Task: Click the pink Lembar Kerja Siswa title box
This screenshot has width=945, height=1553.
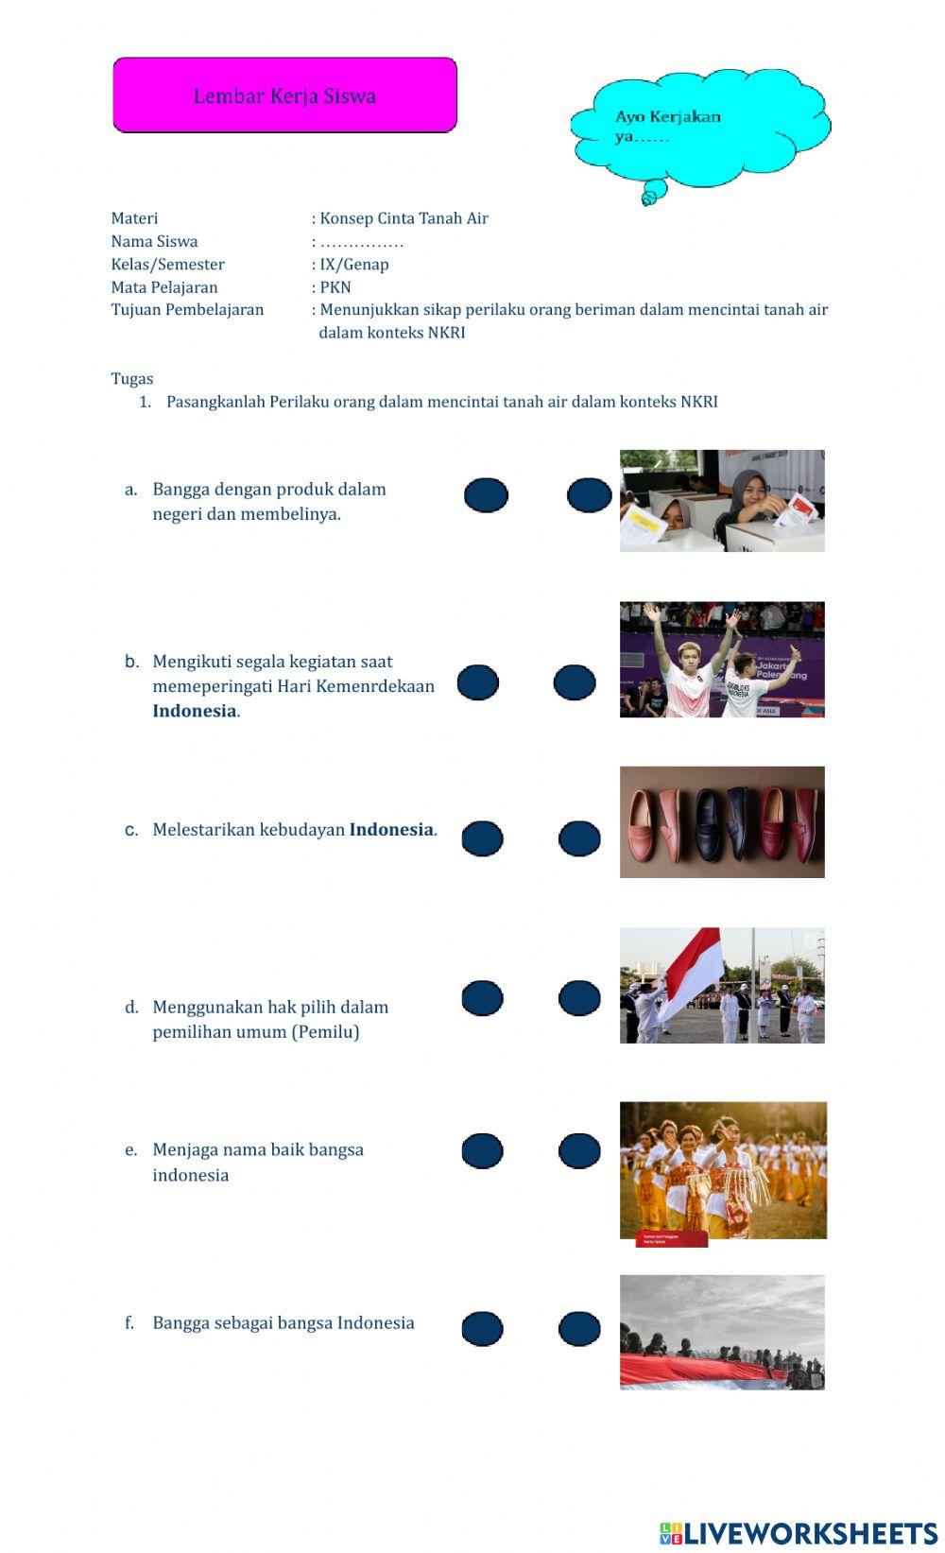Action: click(284, 95)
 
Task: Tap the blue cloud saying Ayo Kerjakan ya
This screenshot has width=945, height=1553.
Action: click(699, 128)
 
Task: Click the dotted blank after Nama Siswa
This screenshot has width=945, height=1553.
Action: click(362, 242)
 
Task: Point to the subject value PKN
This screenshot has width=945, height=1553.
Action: click(335, 287)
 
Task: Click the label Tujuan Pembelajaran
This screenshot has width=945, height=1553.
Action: click(187, 310)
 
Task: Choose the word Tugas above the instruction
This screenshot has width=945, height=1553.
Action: click(132, 379)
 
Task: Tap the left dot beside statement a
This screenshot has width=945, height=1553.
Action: click(486, 495)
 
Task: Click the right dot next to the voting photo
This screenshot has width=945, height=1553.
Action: click(589, 495)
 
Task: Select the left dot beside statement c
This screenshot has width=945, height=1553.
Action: click(482, 838)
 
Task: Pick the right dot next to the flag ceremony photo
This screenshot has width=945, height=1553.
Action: click(579, 998)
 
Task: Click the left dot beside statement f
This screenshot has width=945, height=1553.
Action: click(482, 1329)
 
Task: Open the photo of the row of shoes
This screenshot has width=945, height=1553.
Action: click(722, 822)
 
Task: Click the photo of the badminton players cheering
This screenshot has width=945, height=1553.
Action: click(722, 660)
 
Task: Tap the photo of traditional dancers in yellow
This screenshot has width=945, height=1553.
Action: click(723, 1170)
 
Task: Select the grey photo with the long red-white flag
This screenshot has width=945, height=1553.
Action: click(722, 1333)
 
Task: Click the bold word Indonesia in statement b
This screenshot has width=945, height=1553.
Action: click(195, 712)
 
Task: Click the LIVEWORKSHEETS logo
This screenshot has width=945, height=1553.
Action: click(799, 1532)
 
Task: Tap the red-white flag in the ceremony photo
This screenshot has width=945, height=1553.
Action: click(695, 969)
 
